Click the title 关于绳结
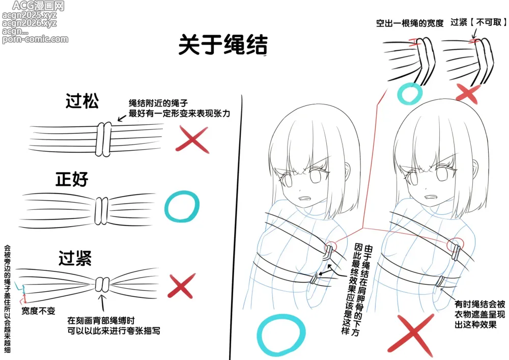click(x=223, y=44)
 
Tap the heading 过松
click(x=82, y=101)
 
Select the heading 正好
click(x=72, y=179)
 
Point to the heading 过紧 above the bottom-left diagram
click(x=75, y=258)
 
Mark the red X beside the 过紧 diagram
click(x=182, y=286)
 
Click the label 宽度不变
click(x=38, y=311)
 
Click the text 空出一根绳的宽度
click(x=410, y=23)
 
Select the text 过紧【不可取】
click(x=478, y=22)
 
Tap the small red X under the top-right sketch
click(x=468, y=94)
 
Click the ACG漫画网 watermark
click(x=38, y=6)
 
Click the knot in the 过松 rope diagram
click(x=103, y=139)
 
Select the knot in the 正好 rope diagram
click(x=101, y=211)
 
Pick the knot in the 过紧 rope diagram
click(x=103, y=285)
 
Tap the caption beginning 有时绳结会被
click(x=479, y=314)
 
